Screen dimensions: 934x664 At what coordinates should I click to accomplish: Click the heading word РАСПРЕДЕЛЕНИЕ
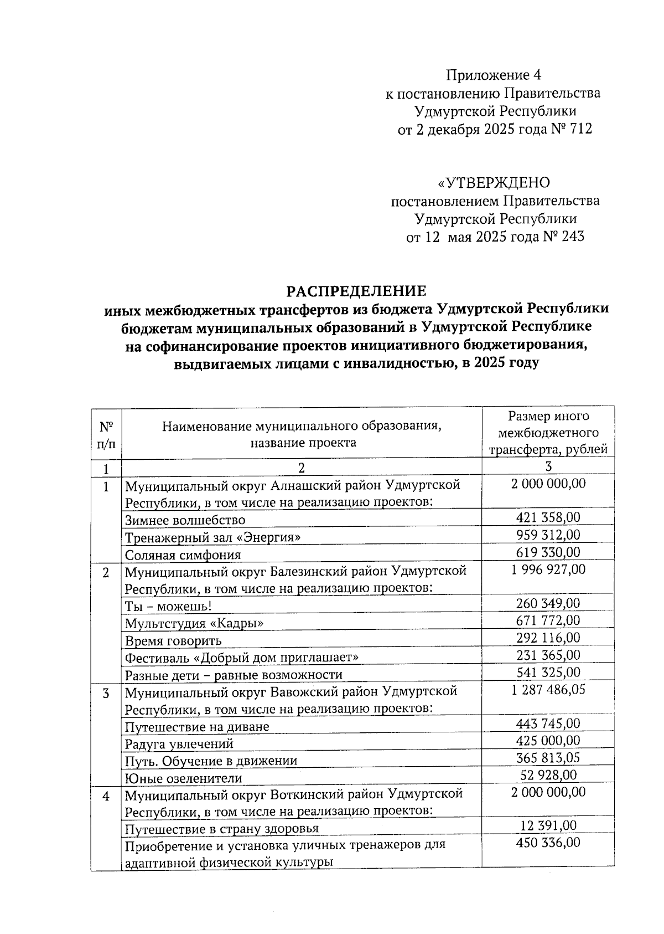click(x=356, y=291)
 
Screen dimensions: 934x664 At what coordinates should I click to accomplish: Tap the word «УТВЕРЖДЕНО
click(x=494, y=183)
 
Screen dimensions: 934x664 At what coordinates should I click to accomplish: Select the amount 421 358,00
click(x=548, y=517)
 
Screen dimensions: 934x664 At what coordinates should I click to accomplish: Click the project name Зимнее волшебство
click(x=185, y=520)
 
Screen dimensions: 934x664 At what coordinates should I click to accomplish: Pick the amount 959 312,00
click(x=548, y=535)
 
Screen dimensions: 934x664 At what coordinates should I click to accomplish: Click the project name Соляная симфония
click(x=183, y=555)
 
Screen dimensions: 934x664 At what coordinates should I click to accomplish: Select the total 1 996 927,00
click(x=548, y=569)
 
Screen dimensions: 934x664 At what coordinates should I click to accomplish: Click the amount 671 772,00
click(x=548, y=620)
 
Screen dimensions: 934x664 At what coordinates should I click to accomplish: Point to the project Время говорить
click(x=173, y=641)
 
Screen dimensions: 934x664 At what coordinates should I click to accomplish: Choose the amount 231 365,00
click(x=548, y=655)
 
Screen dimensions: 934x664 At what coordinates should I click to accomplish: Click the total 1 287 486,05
click(x=548, y=690)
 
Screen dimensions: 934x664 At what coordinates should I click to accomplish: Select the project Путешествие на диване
click(x=197, y=726)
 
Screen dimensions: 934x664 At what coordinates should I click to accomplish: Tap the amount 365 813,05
click(x=548, y=758)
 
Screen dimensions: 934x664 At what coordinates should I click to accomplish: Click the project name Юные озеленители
click(x=183, y=778)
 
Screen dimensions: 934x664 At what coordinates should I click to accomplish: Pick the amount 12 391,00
click(x=548, y=825)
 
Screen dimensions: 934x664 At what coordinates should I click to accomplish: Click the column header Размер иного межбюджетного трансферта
click(x=548, y=432)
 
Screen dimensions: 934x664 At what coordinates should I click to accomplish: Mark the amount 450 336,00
click(x=548, y=843)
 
